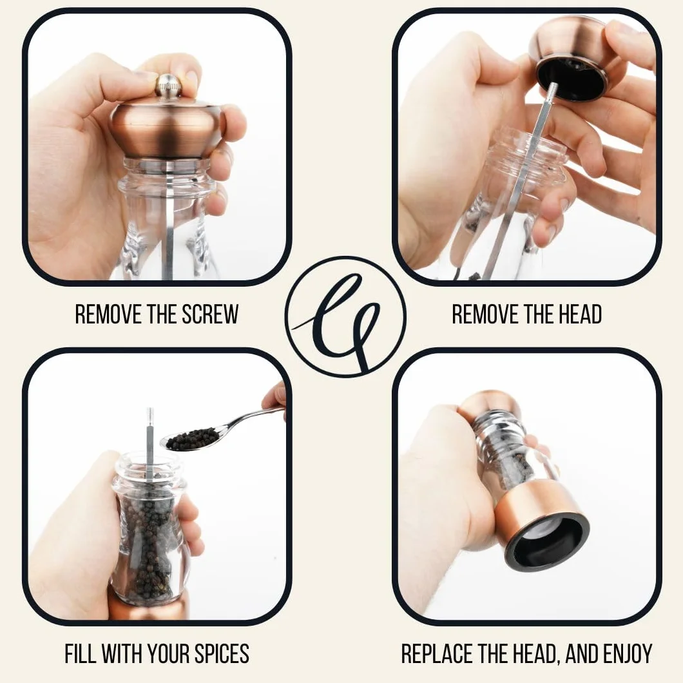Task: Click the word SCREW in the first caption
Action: coord(210,314)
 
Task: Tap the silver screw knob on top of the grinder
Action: coord(168,85)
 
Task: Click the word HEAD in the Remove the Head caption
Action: coord(580,314)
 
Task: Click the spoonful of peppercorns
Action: coord(192,439)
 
